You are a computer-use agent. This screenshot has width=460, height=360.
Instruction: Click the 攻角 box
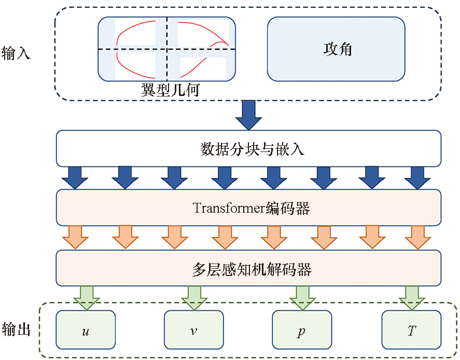(336, 49)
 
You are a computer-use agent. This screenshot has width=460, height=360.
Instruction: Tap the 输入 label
(16, 53)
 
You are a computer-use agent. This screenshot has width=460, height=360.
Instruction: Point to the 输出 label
(16, 329)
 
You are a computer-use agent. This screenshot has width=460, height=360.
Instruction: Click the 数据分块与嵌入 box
(248, 149)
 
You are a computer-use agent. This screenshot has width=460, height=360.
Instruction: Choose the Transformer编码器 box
(248, 209)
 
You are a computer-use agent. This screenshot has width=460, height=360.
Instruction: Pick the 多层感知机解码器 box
(248, 269)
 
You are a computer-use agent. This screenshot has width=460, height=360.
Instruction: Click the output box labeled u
(86, 330)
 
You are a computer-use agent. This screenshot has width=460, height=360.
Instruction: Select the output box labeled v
(194, 330)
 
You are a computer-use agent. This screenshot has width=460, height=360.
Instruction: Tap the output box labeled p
(302, 330)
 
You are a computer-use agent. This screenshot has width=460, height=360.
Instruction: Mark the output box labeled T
(411, 330)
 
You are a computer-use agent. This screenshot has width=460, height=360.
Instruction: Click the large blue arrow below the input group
(249, 114)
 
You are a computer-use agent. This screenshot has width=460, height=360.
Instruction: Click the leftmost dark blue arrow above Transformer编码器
(75, 177)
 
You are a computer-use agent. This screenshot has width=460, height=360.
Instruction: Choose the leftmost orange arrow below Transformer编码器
(75, 237)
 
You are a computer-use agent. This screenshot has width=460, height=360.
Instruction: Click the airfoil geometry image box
(167, 49)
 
